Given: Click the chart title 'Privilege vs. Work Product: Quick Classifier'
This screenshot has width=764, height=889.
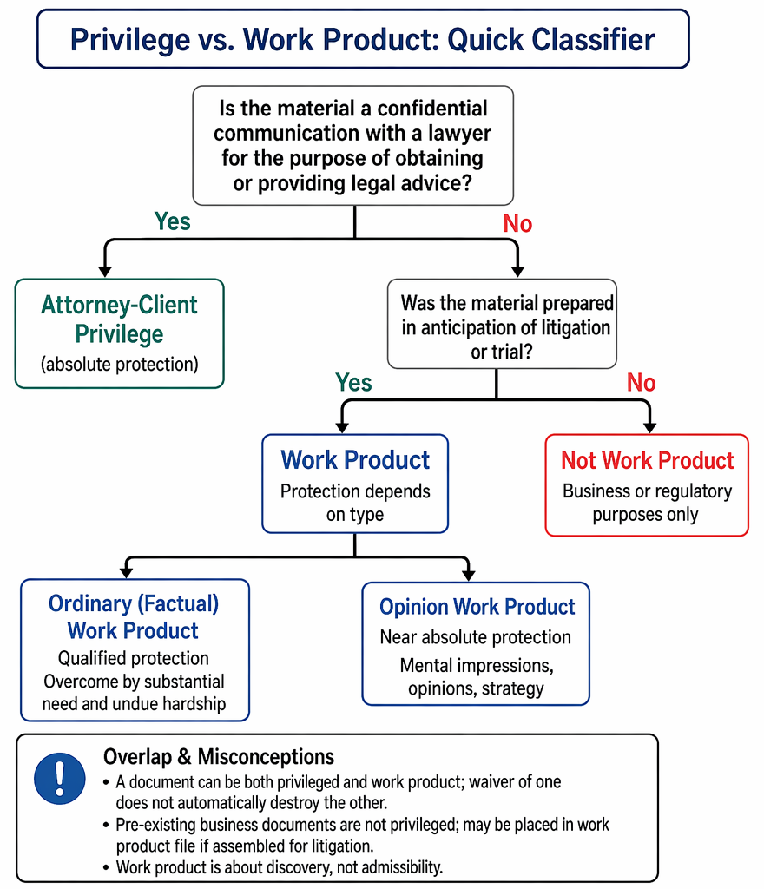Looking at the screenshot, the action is [x=363, y=40].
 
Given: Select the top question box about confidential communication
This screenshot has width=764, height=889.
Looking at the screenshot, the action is [x=353, y=146].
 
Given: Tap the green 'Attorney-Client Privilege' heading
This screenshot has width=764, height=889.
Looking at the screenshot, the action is [x=119, y=319].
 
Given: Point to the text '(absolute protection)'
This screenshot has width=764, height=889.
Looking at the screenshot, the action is [x=120, y=364].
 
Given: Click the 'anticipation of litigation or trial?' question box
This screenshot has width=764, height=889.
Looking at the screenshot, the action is [x=502, y=324].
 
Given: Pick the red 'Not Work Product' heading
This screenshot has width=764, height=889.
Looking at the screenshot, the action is [x=648, y=460].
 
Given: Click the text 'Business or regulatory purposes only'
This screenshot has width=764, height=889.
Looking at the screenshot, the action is [x=647, y=503].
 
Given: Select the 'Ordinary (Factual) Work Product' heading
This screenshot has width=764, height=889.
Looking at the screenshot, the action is [x=134, y=617].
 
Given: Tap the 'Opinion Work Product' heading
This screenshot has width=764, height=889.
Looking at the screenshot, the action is [x=477, y=607].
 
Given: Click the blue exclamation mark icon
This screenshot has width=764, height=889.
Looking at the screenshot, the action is [x=60, y=779].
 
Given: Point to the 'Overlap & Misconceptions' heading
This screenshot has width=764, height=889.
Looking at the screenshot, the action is [x=219, y=757].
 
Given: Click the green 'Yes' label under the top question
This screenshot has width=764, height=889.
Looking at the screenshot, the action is [x=172, y=221].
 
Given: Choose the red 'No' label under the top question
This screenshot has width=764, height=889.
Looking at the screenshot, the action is [x=517, y=223].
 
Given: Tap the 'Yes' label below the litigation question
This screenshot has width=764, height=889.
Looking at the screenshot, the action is [x=353, y=383].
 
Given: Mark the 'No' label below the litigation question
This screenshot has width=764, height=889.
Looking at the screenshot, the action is [x=641, y=383].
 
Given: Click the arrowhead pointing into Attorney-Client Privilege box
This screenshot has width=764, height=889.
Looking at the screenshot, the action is [x=105, y=271].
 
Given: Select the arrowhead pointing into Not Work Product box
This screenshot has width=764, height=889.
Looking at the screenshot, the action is [x=650, y=427].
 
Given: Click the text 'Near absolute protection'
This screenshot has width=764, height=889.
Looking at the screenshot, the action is [x=476, y=637].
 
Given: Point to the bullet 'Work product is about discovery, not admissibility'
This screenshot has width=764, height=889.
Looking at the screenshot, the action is [x=279, y=867].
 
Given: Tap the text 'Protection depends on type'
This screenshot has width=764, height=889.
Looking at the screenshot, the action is [x=355, y=503].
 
